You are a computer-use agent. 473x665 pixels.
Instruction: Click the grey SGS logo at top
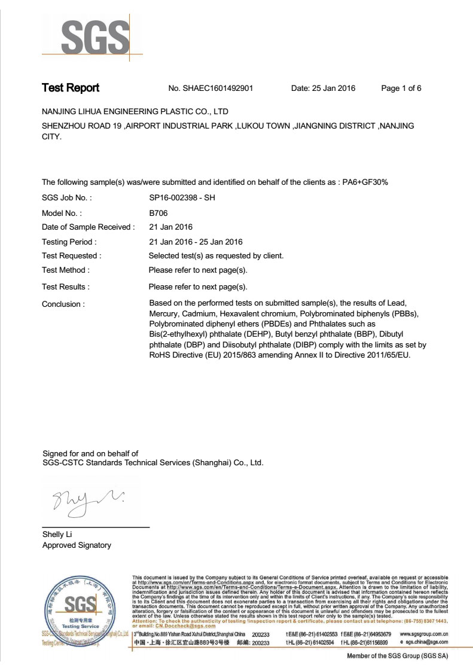(94, 36)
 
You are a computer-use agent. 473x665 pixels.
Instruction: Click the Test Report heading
(71, 88)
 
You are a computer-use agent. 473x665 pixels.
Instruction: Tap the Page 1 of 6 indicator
(401, 89)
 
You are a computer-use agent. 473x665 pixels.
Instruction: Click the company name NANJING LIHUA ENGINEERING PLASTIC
(135, 112)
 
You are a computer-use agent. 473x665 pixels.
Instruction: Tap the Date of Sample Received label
(88, 227)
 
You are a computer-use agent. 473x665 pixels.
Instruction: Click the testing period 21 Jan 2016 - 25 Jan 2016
(196, 242)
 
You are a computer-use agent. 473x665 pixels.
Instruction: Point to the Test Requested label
(71, 256)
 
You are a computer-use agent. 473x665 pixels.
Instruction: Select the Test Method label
(65, 270)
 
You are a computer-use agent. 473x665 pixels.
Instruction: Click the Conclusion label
(63, 304)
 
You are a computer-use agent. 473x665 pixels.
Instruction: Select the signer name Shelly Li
(57, 534)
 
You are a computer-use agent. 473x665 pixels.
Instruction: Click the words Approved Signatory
(77, 545)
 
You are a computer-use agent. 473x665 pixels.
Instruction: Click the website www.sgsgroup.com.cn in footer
(424, 634)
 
